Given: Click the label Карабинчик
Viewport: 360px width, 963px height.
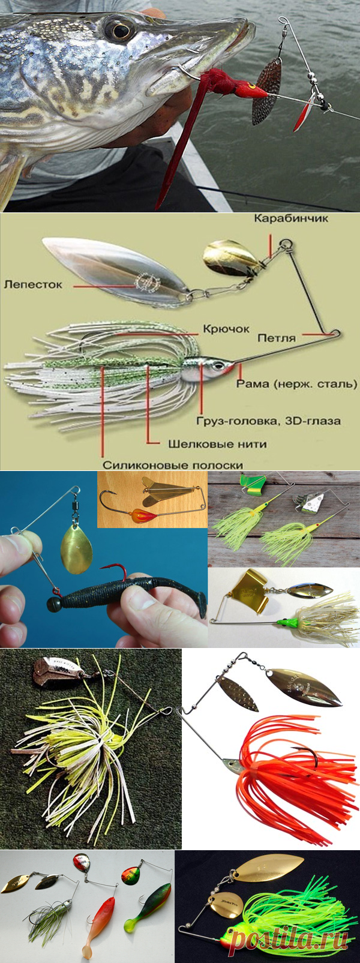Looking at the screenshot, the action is [291, 218].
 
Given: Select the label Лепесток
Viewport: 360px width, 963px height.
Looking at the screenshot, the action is [33, 284].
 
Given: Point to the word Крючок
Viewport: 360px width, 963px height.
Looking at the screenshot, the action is [226, 329].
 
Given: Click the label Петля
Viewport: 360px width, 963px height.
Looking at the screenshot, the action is [277, 338].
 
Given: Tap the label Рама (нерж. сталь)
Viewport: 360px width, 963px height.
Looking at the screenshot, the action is [297, 383].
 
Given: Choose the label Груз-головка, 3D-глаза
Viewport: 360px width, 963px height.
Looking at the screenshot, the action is [269, 421].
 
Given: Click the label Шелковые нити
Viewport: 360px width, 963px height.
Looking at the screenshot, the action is [217, 443].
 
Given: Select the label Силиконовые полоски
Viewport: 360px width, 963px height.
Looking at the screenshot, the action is [173, 465].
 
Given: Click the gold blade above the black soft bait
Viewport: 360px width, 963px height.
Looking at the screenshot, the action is [77, 550].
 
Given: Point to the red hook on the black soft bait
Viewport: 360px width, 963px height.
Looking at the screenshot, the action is [121, 572].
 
